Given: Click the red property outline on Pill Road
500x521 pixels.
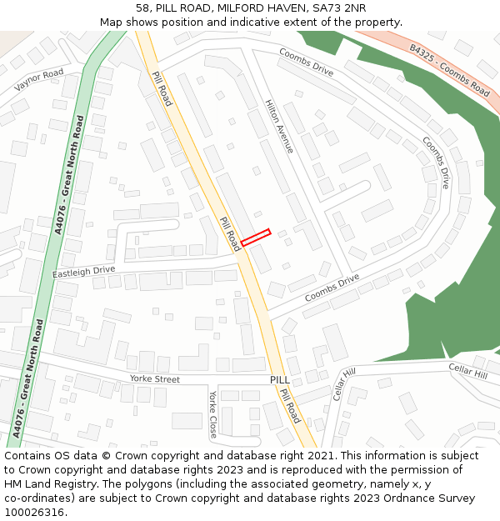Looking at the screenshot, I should tap(256, 238).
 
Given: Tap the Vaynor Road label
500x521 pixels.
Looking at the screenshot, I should tap(39, 81).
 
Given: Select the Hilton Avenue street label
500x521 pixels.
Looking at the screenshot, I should tap(279, 126).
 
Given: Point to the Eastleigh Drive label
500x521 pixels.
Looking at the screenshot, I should tap(83, 272).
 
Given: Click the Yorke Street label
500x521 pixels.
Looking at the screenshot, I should tap(155, 379).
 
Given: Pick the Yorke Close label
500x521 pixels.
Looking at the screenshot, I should tap(213, 413).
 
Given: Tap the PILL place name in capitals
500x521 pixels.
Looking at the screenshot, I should tap(280, 379).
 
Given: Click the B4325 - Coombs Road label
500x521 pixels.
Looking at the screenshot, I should tap(449, 70).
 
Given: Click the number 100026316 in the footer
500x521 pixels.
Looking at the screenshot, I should tap(33, 513).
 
